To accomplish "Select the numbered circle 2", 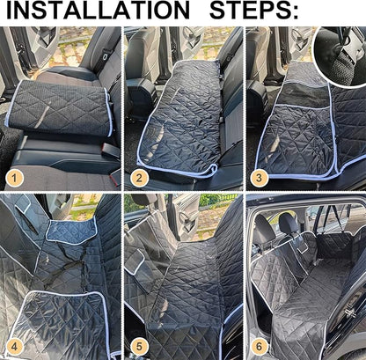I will [137, 178].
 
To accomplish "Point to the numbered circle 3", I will [259, 178].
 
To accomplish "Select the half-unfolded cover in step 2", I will [180, 114].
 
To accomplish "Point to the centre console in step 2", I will [141, 92].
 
